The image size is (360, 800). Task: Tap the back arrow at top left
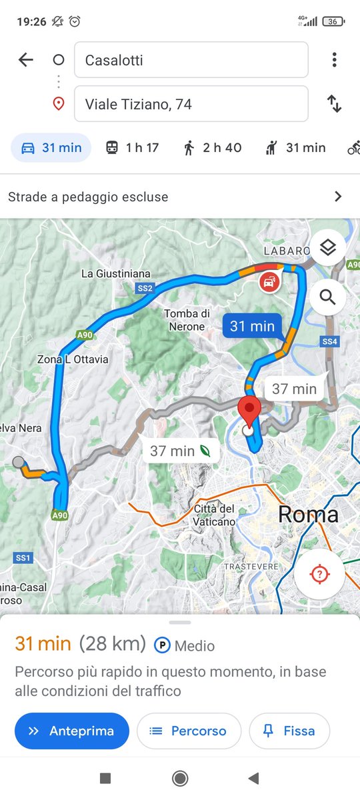coord(25,60)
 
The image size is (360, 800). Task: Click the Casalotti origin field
coord(191,60)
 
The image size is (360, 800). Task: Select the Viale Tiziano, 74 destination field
coord(191,104)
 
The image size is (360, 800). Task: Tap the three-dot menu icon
coord(334,60)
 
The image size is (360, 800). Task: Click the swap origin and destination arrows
coord(334,104)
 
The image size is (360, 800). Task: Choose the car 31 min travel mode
coord(51,148)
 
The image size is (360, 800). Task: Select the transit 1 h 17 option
coord(133,148)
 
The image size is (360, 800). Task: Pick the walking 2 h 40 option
coord(212,148)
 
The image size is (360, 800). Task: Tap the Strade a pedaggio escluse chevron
coord(338,197)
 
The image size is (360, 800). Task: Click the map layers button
coord(327,248)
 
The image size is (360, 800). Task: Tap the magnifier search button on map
coord(327,297)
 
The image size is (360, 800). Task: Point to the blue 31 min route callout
coord(252,326)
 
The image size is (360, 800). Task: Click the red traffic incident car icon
coord(269,282)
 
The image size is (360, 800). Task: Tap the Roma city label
coord(308,514)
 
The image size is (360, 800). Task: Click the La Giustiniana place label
coord(116,274)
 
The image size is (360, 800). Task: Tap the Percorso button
coord(189,731)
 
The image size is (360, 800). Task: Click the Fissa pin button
coord(289,731)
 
